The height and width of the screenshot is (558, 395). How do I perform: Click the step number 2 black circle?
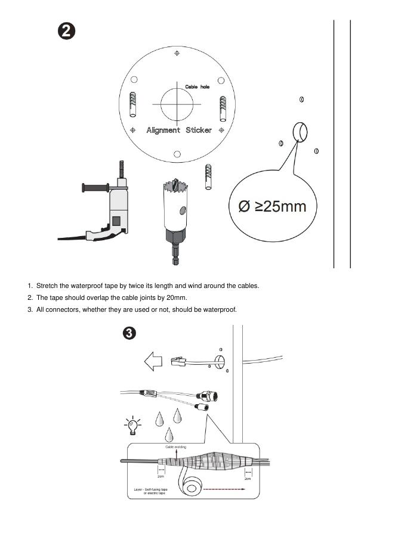[x=66, y=31]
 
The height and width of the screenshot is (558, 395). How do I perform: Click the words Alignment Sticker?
[x=179, y=130]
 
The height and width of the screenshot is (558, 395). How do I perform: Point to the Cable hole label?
[x=197, y=87]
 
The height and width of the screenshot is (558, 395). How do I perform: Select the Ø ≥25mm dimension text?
[x=272, y=206]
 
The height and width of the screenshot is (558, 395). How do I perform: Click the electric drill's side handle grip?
[x=91, y=189]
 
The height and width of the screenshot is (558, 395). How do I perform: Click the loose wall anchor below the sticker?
[x=208, y=175]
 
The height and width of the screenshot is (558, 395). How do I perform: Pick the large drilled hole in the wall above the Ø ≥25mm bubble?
[x=299, y=131]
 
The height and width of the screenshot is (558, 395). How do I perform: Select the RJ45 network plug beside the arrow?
[x=179, y=361]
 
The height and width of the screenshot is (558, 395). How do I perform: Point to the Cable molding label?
[x=175, y=447]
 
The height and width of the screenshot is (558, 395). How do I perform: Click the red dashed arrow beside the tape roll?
[x=224, y=488]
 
